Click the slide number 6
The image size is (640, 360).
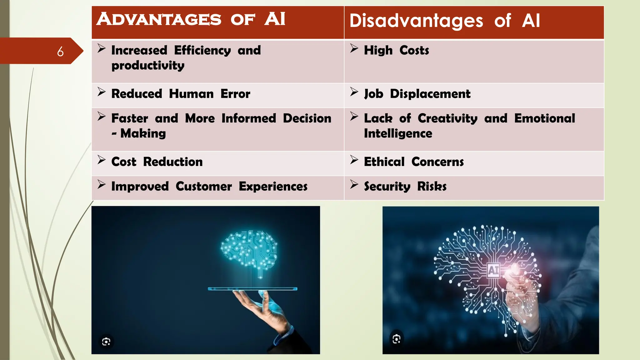(60, 52)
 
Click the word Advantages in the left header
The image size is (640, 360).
(159, 19)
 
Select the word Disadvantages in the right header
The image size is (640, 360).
(416, 21)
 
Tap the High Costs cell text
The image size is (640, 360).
(396, 50)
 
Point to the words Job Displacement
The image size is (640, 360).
(417, 94)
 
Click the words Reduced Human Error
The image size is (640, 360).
(181, 94)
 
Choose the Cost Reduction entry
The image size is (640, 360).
(157, 162)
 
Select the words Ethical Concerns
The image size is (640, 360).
(414, 162)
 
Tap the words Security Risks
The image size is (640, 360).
(405, 187)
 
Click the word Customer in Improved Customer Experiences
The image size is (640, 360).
(203, 187)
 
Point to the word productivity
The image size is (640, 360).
(148, 66)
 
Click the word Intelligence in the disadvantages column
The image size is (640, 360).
(398, 134)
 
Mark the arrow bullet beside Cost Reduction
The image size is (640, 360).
(101, 160)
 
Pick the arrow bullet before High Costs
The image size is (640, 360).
(354, 48)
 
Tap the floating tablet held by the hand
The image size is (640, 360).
(252, 289)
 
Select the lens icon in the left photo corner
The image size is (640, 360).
(106, 342)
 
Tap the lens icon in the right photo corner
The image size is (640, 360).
(397, 339)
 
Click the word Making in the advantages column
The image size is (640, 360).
(143, 134)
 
